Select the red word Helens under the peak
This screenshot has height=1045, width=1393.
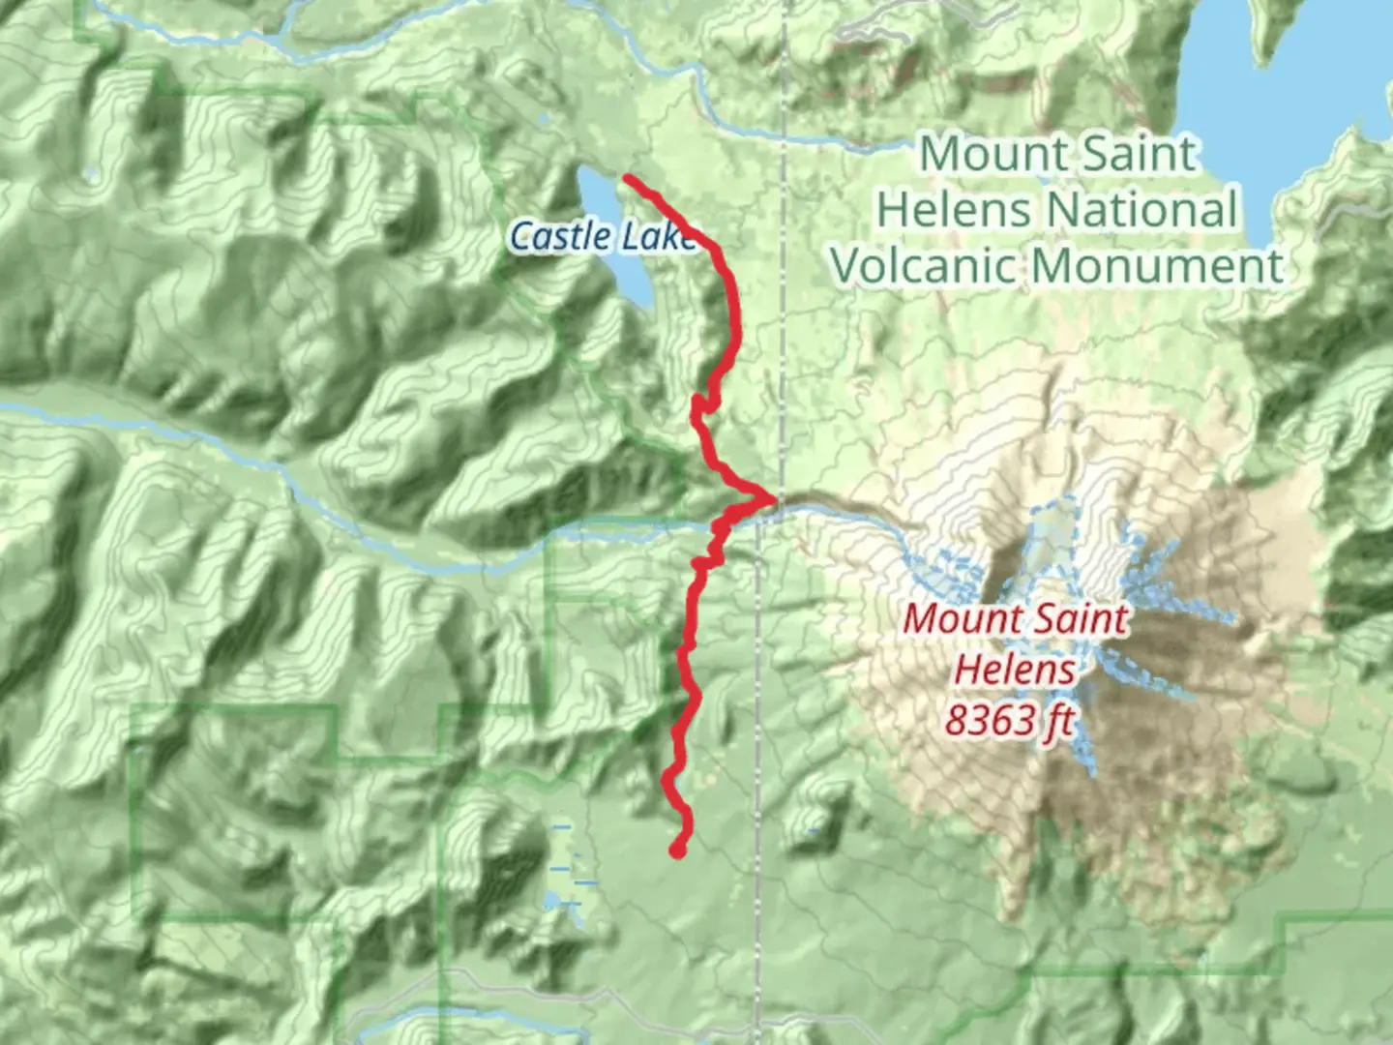1015,670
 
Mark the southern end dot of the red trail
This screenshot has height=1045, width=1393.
677,851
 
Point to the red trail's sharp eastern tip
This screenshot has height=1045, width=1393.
772,499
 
